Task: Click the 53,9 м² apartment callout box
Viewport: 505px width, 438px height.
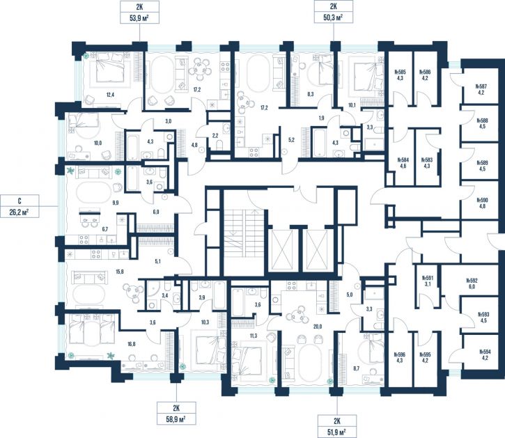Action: point(139,12)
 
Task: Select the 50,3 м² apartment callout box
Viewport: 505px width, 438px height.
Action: point(334,12)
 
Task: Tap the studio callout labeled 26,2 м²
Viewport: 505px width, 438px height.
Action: point(20,206)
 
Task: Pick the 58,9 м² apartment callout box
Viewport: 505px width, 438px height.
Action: point(176,413)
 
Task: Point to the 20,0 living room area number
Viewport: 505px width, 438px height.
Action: point(318,327)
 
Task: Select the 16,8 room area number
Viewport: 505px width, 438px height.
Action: point(132,344)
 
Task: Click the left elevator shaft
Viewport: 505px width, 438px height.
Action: point(282,249)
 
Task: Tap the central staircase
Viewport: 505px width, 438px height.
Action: point(244,233)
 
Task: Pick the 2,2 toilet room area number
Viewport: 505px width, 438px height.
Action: point(215,136)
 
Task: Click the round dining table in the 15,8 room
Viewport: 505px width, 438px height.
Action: point(134,291)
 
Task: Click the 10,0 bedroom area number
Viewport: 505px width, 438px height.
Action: point(98,143)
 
